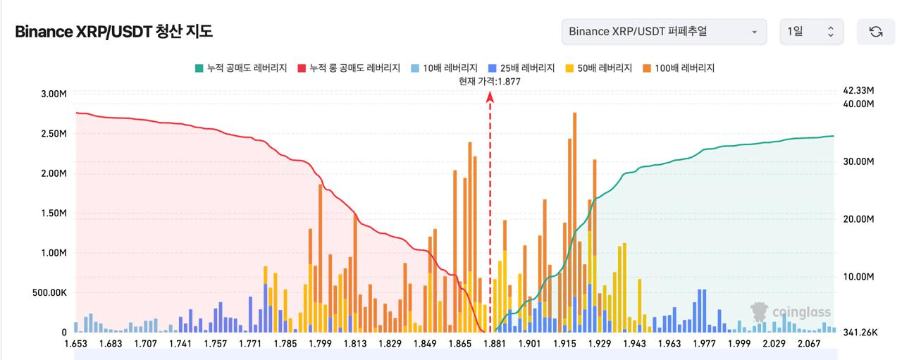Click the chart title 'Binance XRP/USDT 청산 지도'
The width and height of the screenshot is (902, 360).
click(113, 32)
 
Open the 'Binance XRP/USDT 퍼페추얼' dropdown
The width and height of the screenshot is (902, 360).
click(664, 32)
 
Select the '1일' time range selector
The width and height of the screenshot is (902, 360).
click(811, 32)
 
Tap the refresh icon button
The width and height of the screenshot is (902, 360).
click(876, 32)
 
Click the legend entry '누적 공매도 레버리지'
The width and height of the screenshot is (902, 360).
click(241, 68)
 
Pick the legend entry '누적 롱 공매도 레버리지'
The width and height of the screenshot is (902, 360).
click(349, 68)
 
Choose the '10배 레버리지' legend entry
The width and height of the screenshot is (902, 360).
click(445, 68)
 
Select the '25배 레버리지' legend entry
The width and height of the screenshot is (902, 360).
click(521, 68)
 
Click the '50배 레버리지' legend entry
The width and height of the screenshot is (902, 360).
click(599, 68)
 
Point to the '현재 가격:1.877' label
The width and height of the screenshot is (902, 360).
click(490, 81)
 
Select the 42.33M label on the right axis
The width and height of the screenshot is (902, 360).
click(858, 91)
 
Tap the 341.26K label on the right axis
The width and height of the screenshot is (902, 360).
click(858, 333)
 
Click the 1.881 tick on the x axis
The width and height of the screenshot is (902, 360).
click(495, 343)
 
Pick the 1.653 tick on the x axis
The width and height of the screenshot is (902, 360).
click(75, 343)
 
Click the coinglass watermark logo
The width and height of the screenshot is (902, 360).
click(791, 311)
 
